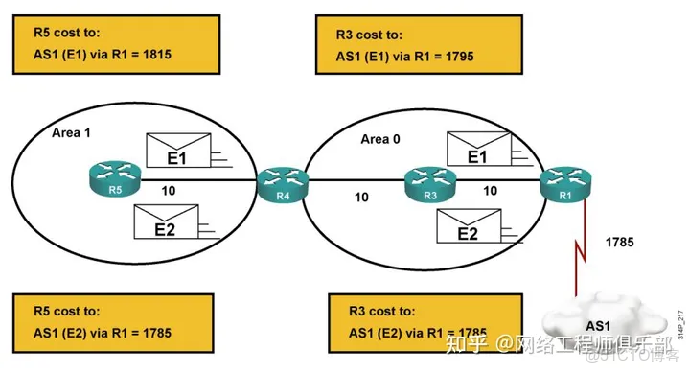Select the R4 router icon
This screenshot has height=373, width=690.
(x=280, y=183)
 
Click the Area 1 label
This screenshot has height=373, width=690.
(x=73, y=132)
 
